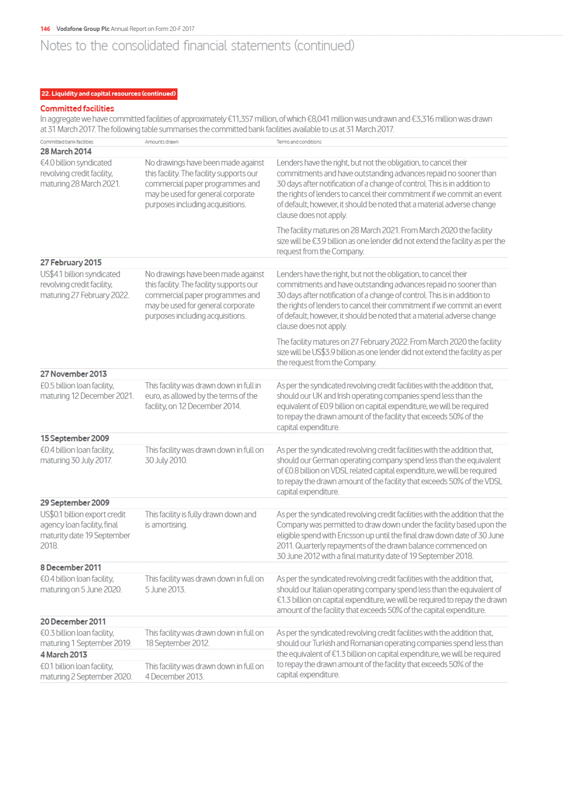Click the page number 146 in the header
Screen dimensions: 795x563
45,29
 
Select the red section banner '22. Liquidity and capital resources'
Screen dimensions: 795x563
108,94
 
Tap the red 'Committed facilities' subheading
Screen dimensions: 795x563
77,108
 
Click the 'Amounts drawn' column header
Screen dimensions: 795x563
162,142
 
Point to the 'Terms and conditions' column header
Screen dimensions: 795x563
299,142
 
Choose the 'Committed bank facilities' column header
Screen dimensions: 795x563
67,142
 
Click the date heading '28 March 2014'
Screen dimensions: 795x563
66,151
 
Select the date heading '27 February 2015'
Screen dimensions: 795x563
71,263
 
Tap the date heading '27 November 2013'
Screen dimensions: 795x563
73,374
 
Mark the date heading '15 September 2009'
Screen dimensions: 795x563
75,439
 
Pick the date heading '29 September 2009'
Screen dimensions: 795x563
75,503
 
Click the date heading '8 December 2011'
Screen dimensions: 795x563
70,568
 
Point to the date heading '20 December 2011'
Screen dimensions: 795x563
73,621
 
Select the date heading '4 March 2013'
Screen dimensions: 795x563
63,655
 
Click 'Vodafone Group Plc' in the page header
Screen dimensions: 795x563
83,29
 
